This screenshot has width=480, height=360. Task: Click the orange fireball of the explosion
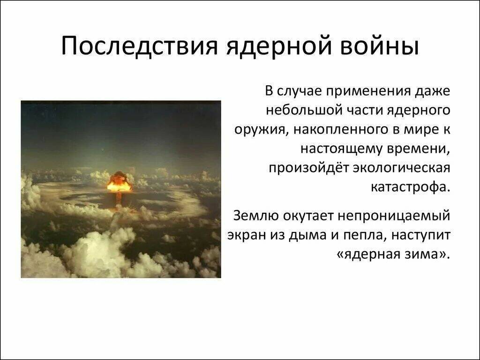[119, 185]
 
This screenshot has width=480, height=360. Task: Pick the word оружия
[260, 130]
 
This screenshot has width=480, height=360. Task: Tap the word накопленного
[342, 130]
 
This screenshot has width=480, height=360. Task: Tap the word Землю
[255, 216]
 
